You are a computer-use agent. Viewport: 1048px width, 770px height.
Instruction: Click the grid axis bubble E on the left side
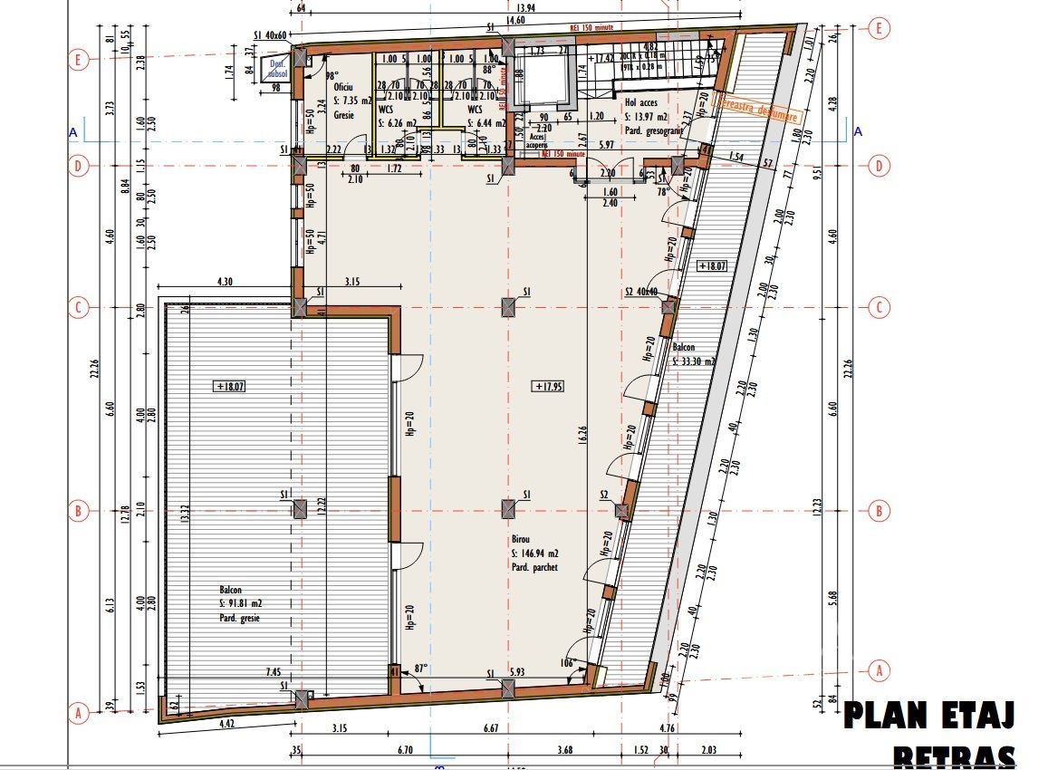click(79, 61)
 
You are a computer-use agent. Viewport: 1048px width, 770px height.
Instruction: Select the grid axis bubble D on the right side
click(877, 166)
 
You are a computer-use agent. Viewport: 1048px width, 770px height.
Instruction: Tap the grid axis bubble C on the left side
click(79, 308)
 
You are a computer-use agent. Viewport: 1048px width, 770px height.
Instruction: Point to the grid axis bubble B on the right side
click(877, 511)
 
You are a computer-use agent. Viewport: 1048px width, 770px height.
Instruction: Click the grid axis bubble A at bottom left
click(79, 714)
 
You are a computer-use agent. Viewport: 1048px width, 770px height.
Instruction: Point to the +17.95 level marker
click(550, 387)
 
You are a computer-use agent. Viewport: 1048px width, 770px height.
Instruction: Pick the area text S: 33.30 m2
click(694, 361)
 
